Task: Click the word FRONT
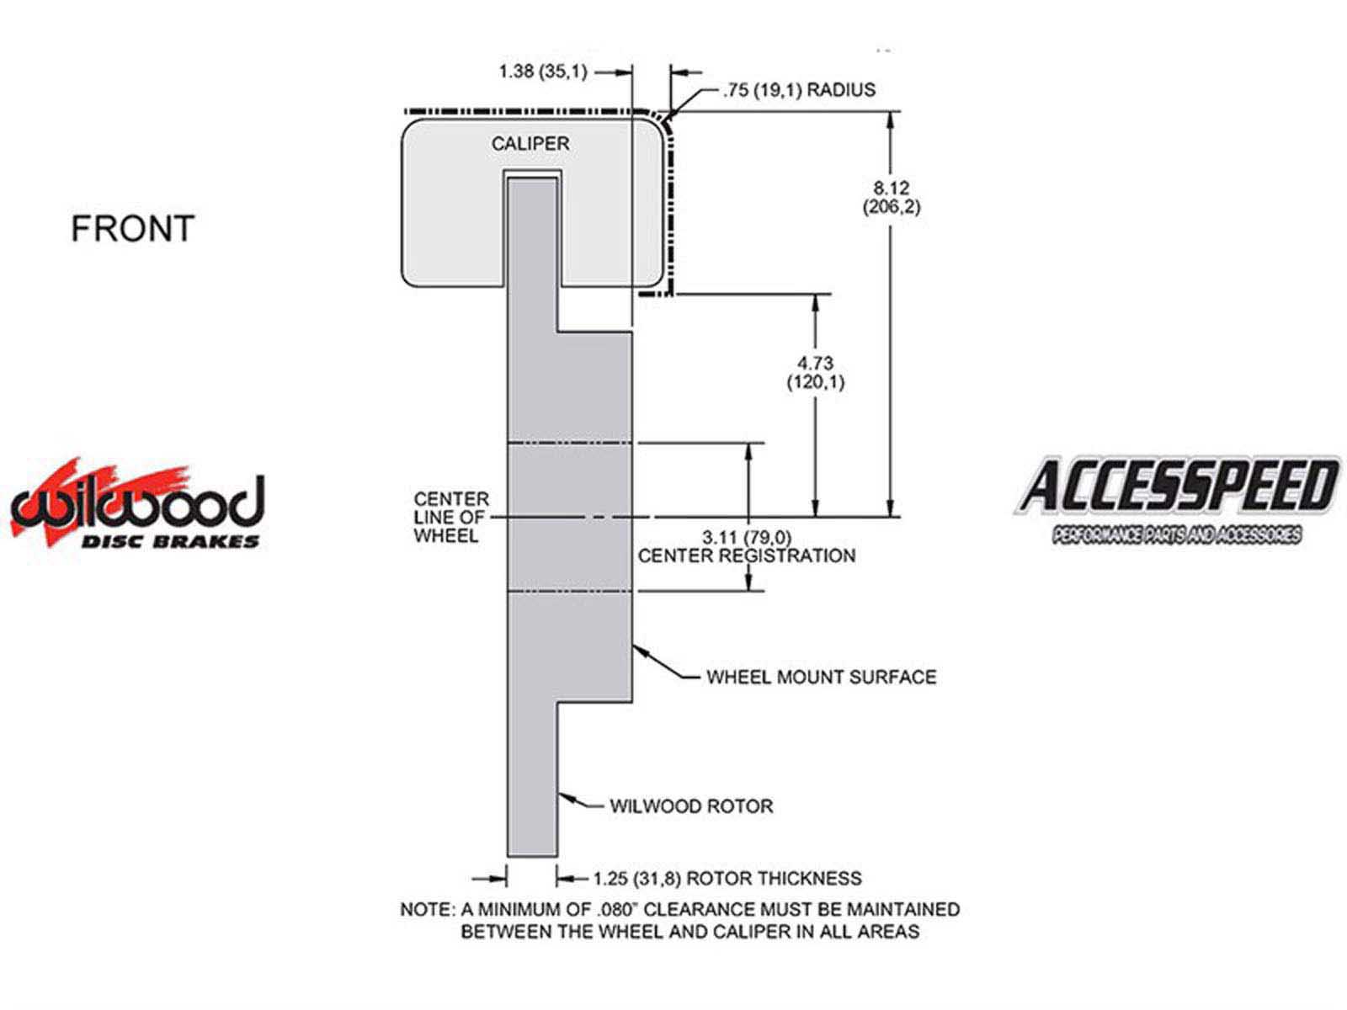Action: [132, 229]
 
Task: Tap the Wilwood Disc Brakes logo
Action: [137, 502]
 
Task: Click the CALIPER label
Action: [530, 144]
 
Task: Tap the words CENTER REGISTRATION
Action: [747, 555]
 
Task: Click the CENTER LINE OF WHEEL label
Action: [451, 517]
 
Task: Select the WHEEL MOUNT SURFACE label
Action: [822, 677]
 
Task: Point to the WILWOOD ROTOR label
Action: [691, 806]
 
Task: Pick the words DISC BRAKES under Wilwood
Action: [170, 541]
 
